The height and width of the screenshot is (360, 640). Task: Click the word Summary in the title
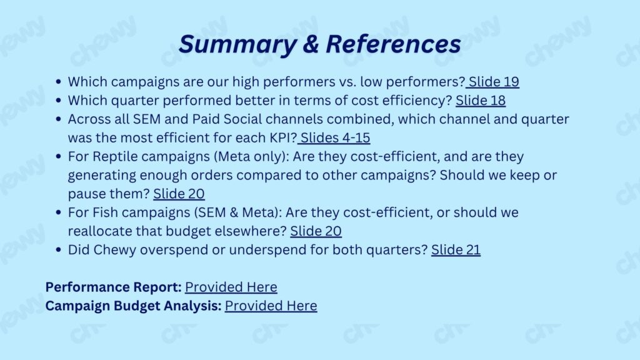pyautogui.click(x=237, y=44)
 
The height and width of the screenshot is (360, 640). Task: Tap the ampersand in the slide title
pyautogui.click(x=311, y=44)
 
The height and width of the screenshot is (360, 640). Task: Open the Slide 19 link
pyautogui.click(x=492, y=82)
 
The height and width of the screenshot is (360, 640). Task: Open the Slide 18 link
pyautogui.click(x=481, y=101)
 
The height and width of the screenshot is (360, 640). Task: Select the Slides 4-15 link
pyautogui.click(x=334, y=138)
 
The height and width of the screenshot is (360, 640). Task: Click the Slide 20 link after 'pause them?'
pyautogui.click(x=179, y=194)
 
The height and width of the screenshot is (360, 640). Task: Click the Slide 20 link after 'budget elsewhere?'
pyautogui.click(x=316, y=231)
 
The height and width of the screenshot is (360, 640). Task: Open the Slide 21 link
pyautogui.click(x=456, y=250)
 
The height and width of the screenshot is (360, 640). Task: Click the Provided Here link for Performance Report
pyautogui.click(x=231, y=287)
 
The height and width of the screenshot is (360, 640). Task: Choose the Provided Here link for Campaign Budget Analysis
pyautogui.click(x=271, y=306)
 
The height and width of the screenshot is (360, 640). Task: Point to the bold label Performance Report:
pyautogui.click(x=114, y=287)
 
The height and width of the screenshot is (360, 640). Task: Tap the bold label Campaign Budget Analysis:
pyautogui.click(x=134, y=306)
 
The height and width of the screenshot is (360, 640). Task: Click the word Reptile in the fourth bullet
pyautogui.click(x=115, y=157)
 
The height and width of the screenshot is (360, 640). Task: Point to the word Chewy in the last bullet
pyautogui.click(x=115, y=250)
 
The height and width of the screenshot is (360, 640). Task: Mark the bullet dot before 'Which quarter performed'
pyautogui.click(x=58, y=101)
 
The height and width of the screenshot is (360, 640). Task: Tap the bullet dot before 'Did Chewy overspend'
pyautogui.click(x=58, y=250)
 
